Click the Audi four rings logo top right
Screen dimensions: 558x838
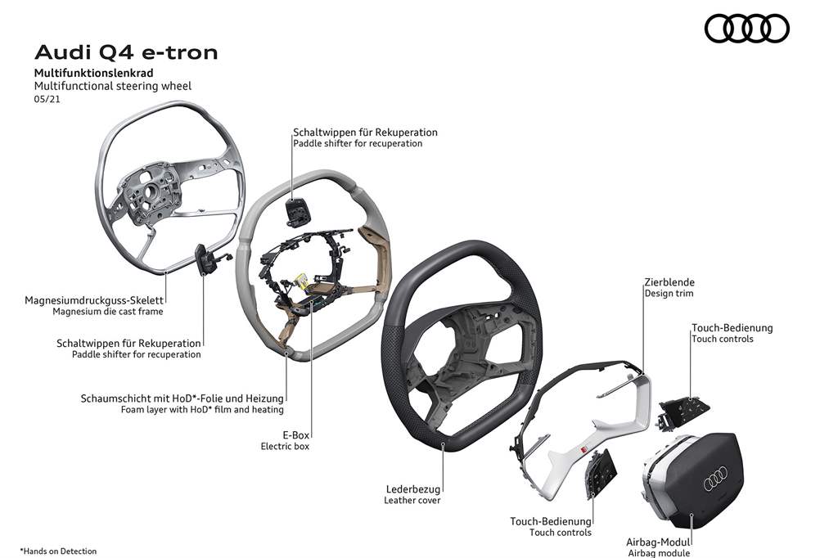(746, 29)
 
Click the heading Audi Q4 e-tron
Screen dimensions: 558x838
(126, 53)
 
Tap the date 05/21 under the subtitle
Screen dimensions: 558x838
(46, 98)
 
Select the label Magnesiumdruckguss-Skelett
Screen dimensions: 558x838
(95, 300)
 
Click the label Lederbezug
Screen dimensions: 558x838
(413, 488)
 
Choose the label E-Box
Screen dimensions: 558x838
(295, 435)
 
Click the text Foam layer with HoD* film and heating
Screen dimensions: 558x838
(196, 409)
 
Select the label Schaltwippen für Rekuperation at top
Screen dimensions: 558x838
(365, 132)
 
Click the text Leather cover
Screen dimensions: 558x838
(412, 500)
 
